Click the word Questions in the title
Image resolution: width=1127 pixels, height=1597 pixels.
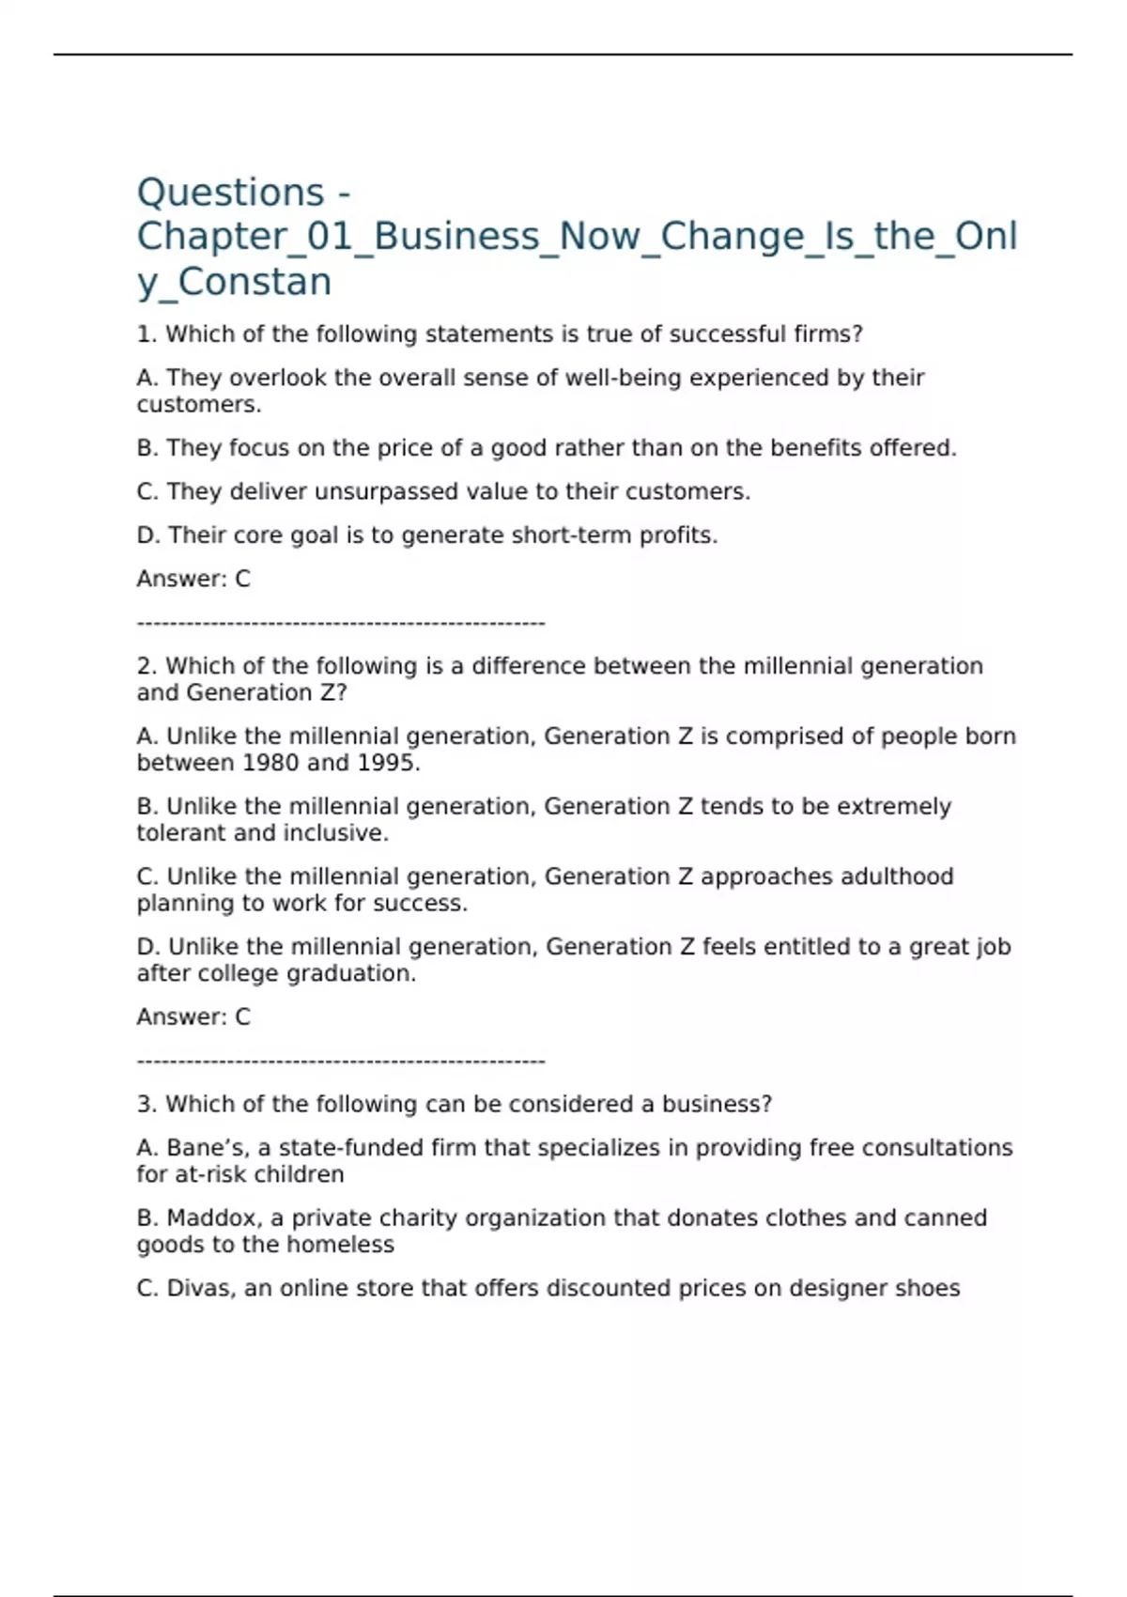(231, 193)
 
